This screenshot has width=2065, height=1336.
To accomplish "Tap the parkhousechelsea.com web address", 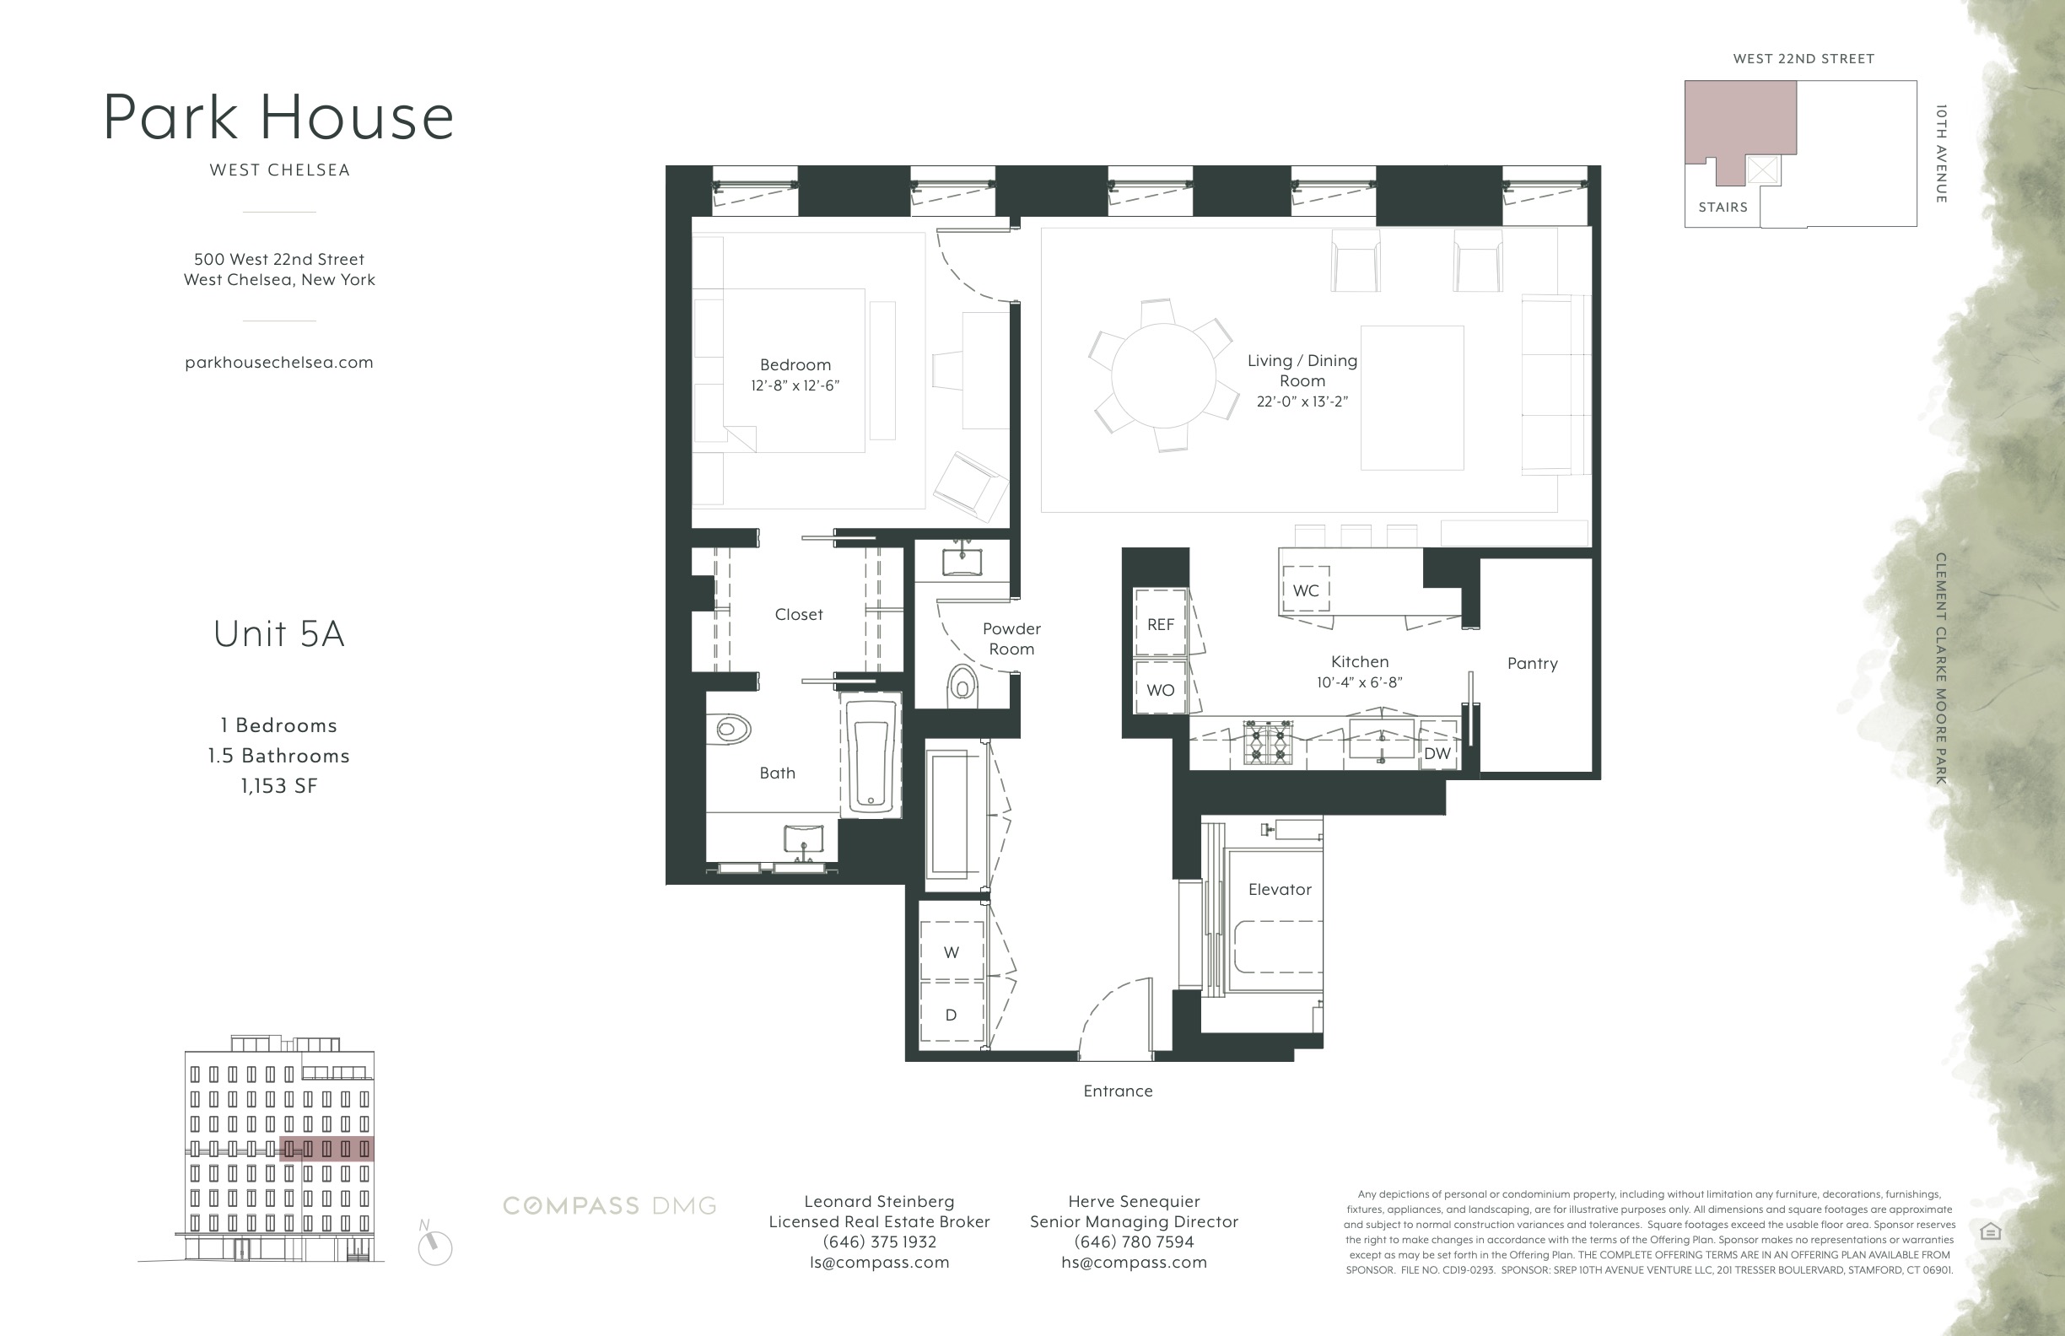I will (278, 363).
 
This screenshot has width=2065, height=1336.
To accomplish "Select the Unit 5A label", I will (278, 634).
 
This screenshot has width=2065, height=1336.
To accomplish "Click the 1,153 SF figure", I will (278, 786).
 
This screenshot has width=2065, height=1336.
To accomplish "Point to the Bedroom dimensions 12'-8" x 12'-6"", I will (795, 386).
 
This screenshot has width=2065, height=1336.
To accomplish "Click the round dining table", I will (1162, 374).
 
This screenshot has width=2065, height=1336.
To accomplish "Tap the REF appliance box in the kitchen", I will (1160, 625).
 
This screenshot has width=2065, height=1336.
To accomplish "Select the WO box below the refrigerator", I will (1160, 690).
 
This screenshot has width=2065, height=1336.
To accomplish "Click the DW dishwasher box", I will (1437, 753).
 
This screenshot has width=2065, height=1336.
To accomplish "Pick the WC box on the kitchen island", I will (1306, 590).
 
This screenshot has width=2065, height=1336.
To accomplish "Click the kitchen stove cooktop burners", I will (1268, 742).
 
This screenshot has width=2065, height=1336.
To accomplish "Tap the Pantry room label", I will (1532, 664).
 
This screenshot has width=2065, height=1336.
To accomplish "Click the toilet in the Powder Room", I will (962, 685).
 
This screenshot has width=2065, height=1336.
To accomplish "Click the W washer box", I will (951, 952).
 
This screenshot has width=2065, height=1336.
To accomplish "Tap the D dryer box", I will (951, 1015).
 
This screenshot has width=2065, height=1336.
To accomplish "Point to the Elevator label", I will (1280, 890).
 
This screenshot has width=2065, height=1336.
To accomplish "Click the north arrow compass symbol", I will (434, 1247).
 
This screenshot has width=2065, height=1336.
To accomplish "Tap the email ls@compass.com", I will (879, 1263).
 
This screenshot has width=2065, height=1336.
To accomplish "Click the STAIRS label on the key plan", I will (1723, 207).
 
